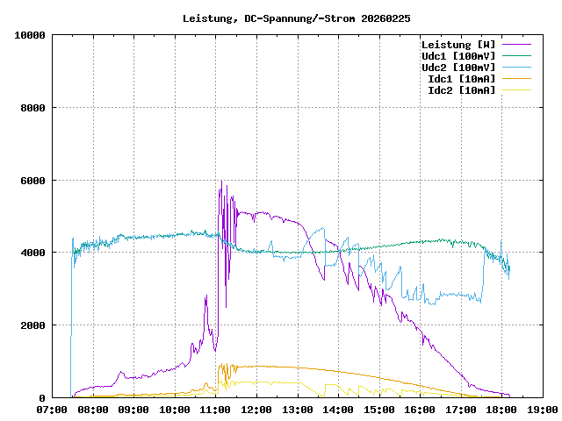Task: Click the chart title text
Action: point(297,18)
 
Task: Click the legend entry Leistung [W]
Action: point(458,45)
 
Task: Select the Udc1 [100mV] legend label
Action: point(458,56)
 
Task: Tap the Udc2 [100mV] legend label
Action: point(458,68)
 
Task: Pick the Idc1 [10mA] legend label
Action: point(461,79)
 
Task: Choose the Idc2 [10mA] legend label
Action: point(461,90)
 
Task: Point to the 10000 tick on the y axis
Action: point(31,35)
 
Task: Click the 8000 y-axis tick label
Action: point(33,108)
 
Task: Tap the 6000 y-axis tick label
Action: point(33,181)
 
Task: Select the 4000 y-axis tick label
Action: point(33,253)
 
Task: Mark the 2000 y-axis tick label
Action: point(33,325)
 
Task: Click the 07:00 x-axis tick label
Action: point(52,409)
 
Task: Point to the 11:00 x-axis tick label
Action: point(215,409)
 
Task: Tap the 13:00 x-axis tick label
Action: point(297,409)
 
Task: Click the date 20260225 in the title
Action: point(386,18)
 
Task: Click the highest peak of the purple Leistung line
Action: point(221,181)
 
